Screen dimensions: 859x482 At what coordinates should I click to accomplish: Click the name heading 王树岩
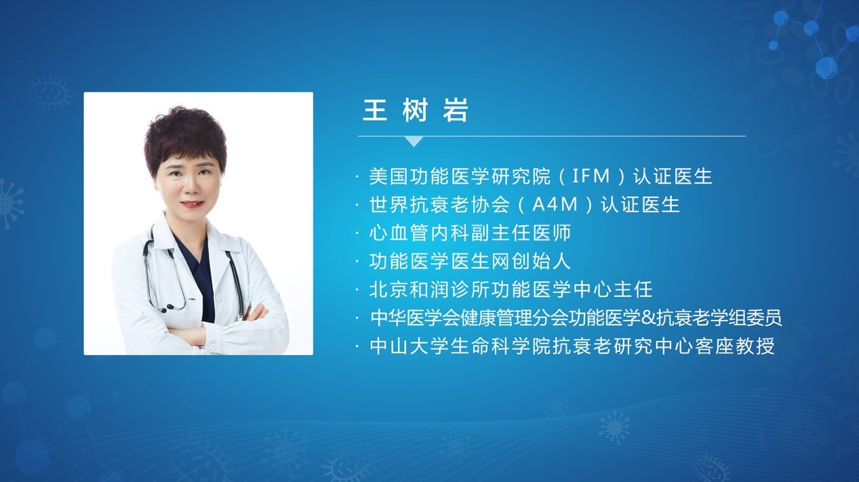[416, 111]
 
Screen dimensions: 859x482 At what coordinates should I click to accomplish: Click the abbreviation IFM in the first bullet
[591, 176]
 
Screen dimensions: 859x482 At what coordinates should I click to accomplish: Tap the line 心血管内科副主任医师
[470, 233]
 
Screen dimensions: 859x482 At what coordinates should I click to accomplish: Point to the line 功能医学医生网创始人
[470, 261]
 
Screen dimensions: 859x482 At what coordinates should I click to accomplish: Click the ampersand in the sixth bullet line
[648, 318]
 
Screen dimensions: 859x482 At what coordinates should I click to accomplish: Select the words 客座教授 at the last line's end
[735, 346]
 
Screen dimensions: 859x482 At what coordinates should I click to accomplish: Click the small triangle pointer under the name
[414, 141]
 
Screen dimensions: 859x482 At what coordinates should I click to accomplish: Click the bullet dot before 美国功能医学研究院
[357, 177]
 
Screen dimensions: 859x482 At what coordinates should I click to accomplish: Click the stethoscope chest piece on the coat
[169, 307]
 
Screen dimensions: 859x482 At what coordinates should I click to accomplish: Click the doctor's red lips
[192, 204]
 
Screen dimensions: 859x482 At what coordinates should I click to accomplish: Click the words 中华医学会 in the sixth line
[416, 318]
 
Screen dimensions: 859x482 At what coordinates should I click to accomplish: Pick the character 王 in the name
[375, 111]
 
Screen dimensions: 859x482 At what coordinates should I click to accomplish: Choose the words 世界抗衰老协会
[439, 205]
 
